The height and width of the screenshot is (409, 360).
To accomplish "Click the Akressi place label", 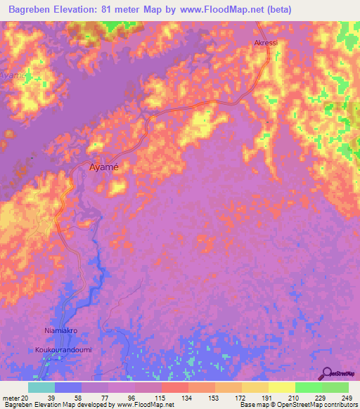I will (266, 43).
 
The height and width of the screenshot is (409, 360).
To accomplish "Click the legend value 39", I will (51, 397).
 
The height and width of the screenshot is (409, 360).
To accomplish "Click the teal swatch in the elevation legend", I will (41, 387).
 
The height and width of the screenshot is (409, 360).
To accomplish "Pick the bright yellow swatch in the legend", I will (281, 387).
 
